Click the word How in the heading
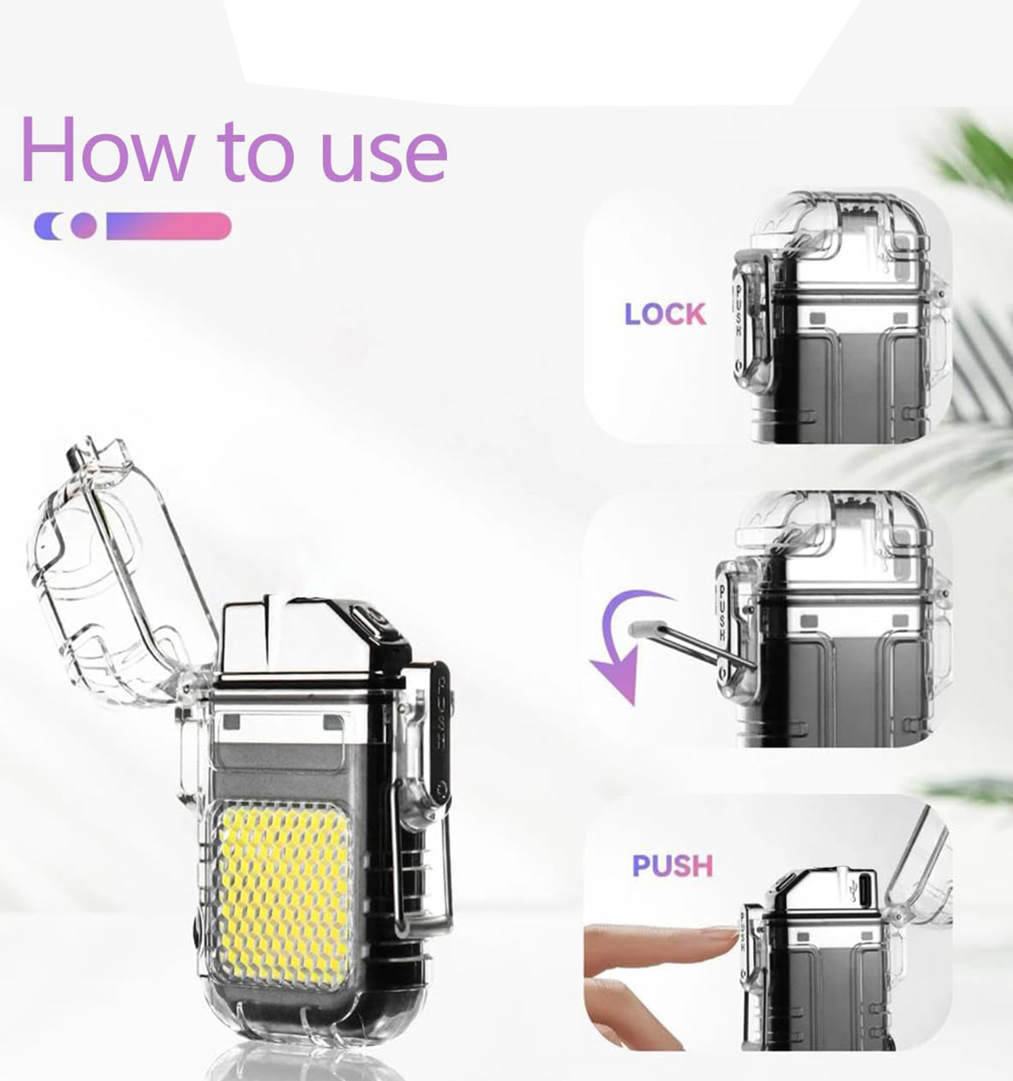click(107, 149)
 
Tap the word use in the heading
click(384, 155)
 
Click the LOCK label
click(665, 314)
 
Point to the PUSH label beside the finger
click(672, 865)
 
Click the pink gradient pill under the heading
click(169, 226)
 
